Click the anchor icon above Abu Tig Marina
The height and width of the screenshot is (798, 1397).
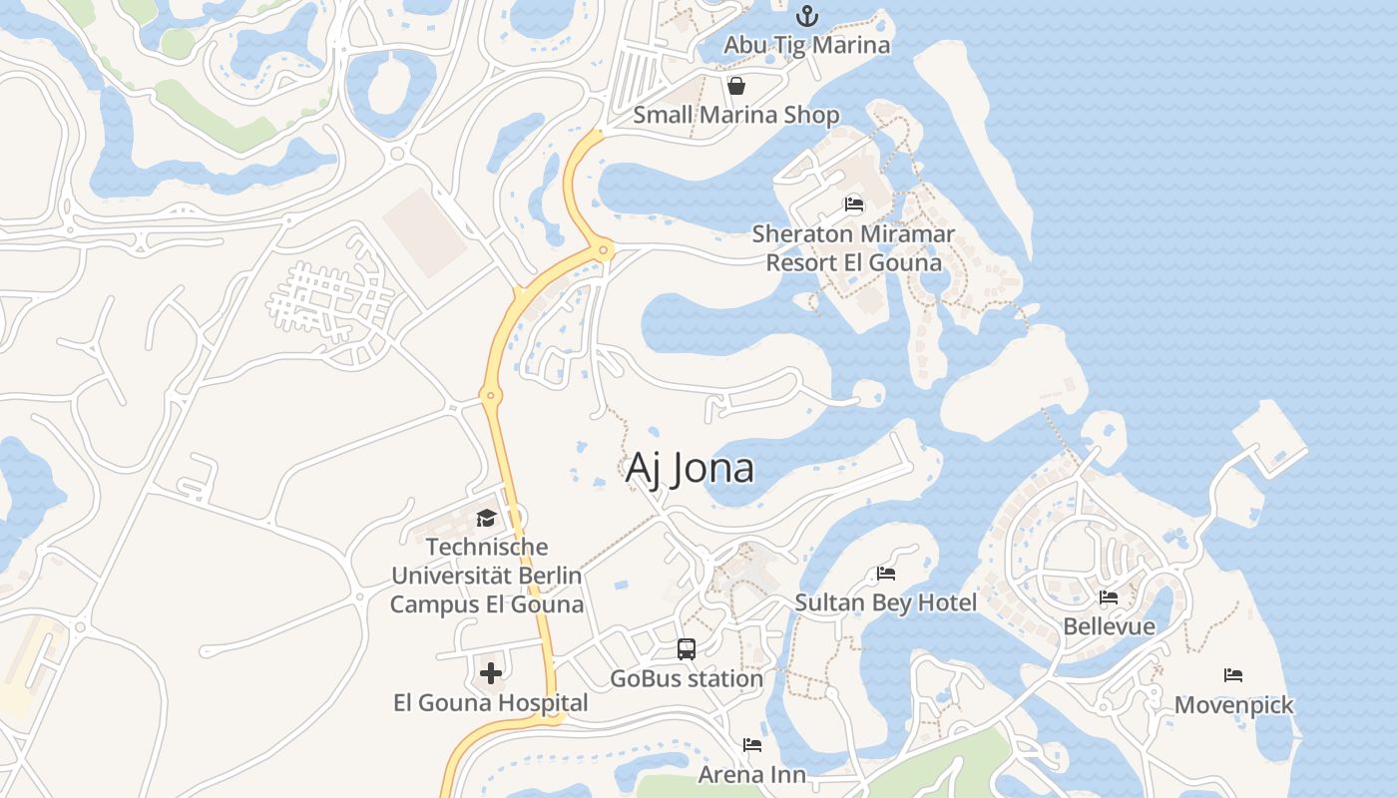(x=806, y=16)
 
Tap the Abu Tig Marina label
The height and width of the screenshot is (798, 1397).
(x=806, y=45)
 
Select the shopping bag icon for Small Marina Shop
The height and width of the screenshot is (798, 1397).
(x=736, y=86)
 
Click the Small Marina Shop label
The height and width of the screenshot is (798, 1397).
(x=736, y=115)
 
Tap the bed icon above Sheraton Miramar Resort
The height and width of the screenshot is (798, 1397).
(x=853, y=204)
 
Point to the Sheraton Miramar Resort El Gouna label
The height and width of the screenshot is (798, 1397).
(x=853, y=248)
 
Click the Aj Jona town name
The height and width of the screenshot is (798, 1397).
(x=690, y=468)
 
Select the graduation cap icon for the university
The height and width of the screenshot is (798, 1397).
(x=486, y=518)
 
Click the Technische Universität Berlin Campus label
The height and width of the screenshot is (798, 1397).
(x=486, y=576)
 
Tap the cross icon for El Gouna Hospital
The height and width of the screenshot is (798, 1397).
(x=491, y=673)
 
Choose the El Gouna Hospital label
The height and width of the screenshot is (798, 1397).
(x=491, y=703)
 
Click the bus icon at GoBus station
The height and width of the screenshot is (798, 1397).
(x=687, y=649)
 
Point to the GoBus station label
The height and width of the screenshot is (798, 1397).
(x=687, y=678)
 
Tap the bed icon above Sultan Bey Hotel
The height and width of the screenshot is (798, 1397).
(x=885, y=574)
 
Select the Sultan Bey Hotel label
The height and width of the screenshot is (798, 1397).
(x=885, y=602)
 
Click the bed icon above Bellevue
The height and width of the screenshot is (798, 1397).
(x=1109, y=598)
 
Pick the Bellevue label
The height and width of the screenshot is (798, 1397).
(x=1109, y=626)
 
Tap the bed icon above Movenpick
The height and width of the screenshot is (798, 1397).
(x=1233, y=675)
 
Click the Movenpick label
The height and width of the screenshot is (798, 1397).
(x=1233, y=705)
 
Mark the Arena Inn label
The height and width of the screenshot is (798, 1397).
(x=751, y=774)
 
